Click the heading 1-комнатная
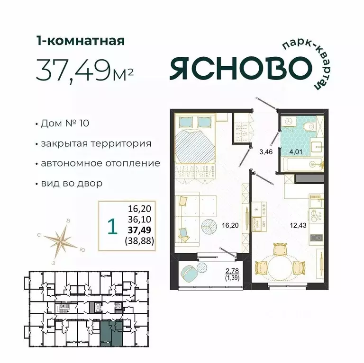pyautogui.click(x=80, y=41)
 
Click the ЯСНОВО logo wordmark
pyautogui.click(x=237, y=70)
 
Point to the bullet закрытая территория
pyautogui.click(x=96, y=143)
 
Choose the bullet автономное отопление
pyautogui.click(x=100, y=163)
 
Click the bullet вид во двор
pyautogui.click(x=72, y=183)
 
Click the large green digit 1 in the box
pyautogui.click(x=112, y=227)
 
